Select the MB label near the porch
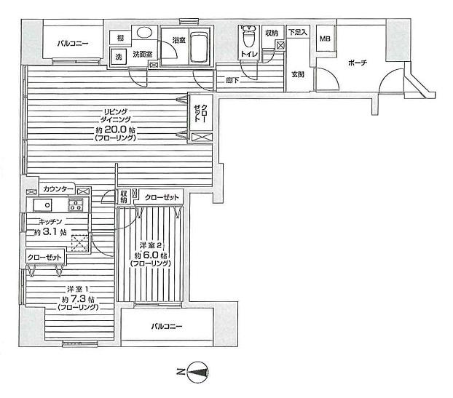(x=325, y=39)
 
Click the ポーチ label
(x=358, y=63)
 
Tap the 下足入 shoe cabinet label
(x=297, y=32)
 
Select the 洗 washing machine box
(x=117, y=55)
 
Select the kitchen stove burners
(x=76, y=206)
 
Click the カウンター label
(x=58, y=189)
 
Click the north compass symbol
(x=197, y=374)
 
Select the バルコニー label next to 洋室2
(x=167, y=326)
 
